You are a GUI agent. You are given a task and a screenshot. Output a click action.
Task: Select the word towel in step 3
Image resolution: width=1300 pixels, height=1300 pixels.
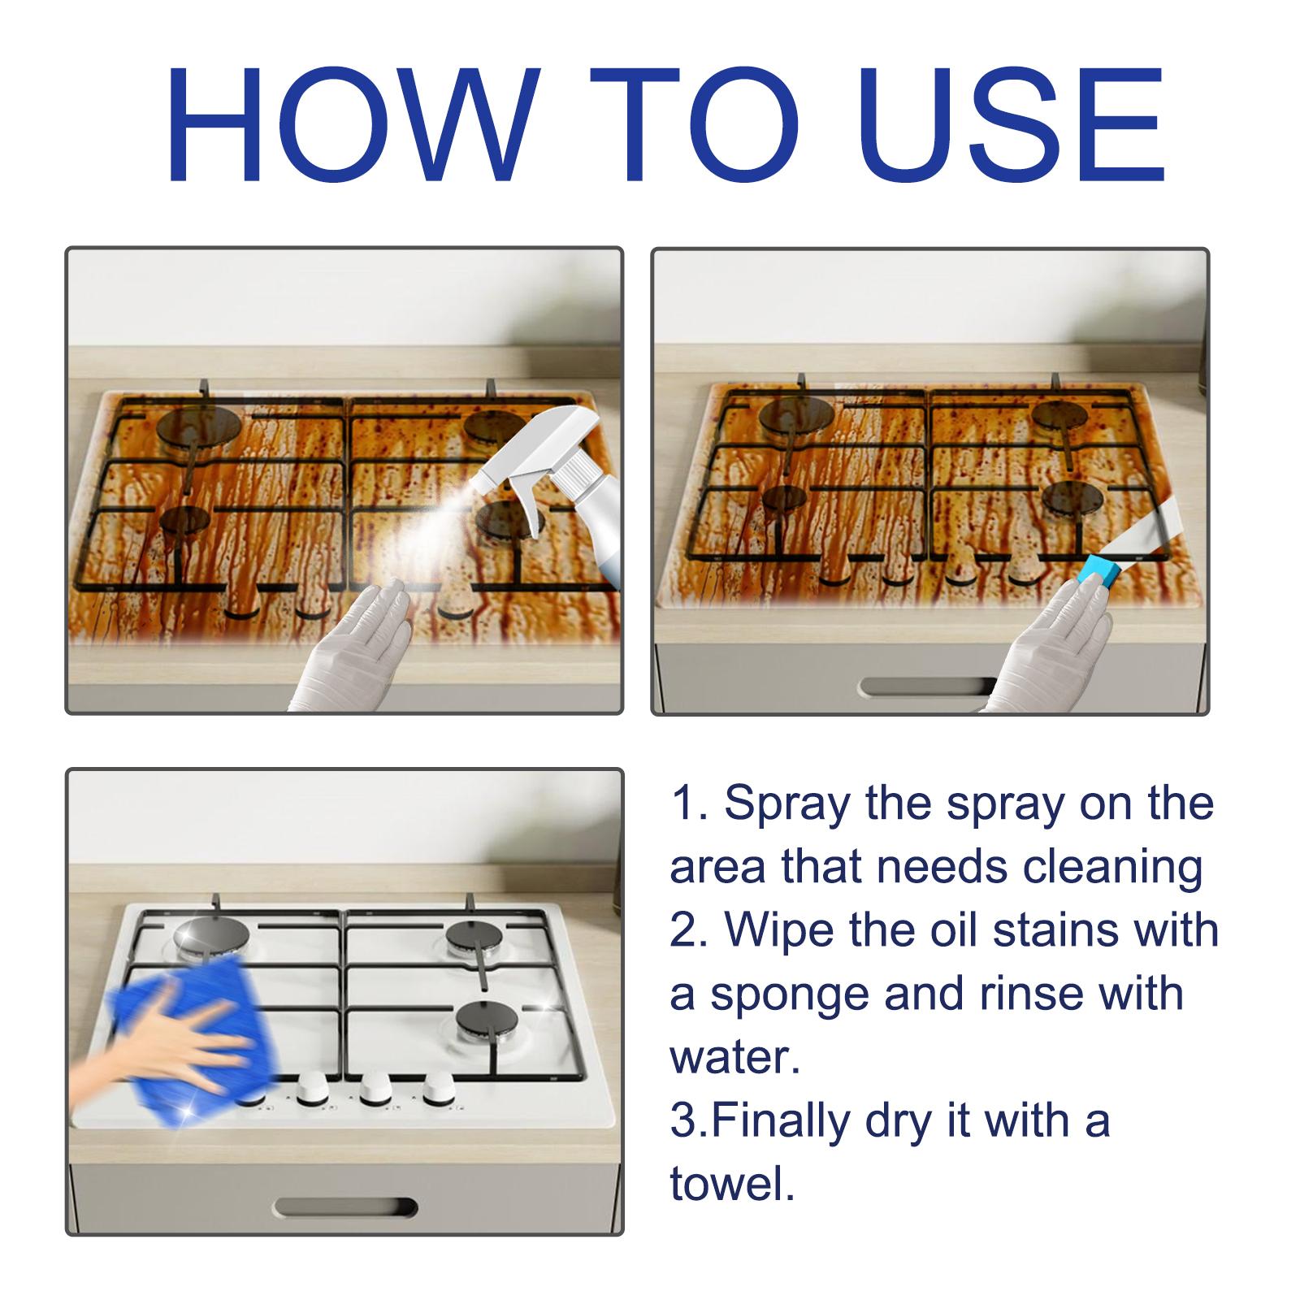tap(731, 1184)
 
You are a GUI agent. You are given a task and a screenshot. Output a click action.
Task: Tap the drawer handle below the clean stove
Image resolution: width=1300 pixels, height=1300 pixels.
tap(345, 1208)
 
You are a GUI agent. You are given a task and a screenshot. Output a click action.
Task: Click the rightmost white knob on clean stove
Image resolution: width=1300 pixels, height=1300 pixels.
tap(438, 1087)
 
